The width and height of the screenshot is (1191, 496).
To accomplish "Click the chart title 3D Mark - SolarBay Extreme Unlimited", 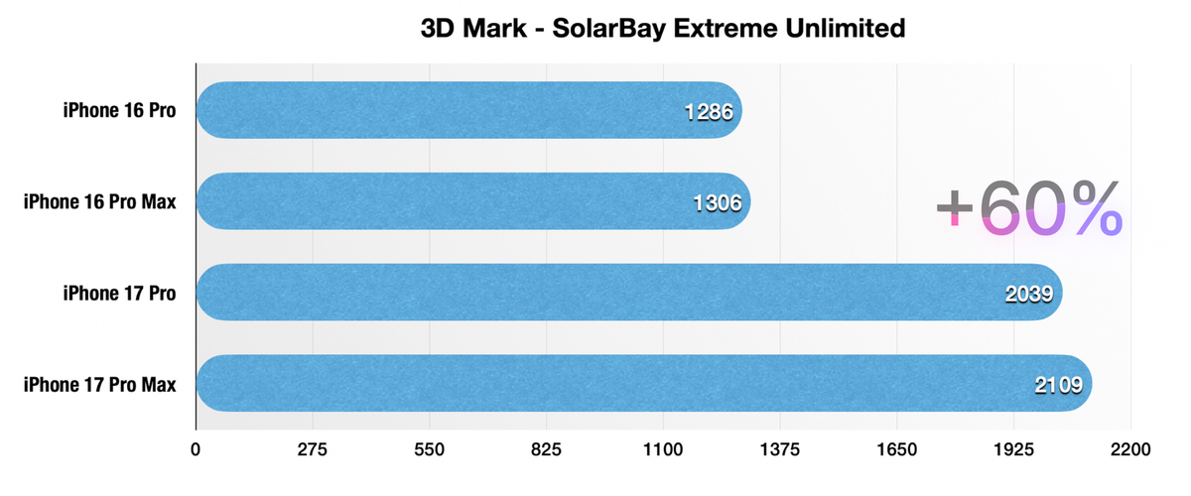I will (664, 28).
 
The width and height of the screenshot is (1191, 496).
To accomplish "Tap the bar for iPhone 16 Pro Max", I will (472, 201).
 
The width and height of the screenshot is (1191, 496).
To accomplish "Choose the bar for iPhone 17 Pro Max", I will (644, 384).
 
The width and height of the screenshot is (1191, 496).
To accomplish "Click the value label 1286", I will (709, 111).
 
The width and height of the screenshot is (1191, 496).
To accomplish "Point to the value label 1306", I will (718, 202).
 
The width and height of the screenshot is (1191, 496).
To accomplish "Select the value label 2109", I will (1059, 385).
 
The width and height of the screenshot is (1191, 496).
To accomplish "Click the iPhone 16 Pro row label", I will (120, 110).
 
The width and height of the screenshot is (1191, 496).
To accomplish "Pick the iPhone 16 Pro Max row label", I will (100, 201).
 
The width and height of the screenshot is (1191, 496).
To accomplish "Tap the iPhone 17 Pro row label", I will (120, 293).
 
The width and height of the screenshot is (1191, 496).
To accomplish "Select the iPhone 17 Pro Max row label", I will (100, 384).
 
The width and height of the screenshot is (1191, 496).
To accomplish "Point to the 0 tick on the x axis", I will (197, 449).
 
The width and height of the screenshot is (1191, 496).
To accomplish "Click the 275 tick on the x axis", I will (313, 449).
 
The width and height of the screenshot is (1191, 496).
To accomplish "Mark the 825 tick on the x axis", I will (547, 449).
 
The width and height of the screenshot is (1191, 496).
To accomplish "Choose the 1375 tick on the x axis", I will (780, 449).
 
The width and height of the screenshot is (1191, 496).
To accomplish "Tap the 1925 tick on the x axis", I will (1013, 449).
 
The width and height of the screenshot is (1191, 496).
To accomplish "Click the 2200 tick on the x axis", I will (1130, 449).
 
